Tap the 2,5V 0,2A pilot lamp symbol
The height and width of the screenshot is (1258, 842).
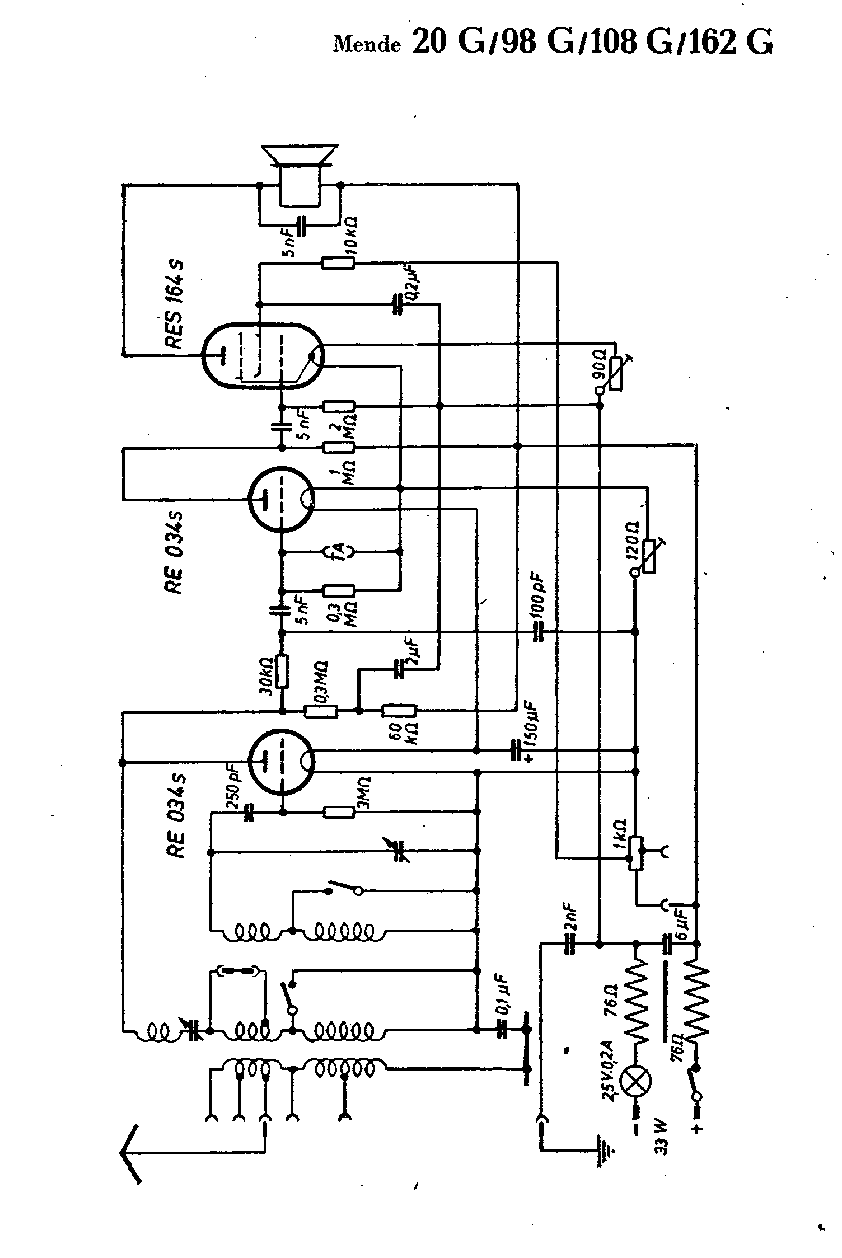coord(636,1082)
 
